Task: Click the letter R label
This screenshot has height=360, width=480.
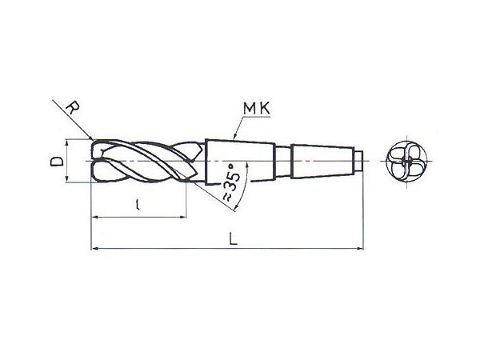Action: (73, 108)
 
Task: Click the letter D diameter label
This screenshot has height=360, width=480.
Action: (57, 161)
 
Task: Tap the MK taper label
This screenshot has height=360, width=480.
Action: (257, 108)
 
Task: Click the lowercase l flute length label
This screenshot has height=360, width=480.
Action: (138, 204)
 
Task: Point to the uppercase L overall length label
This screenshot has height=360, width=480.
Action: (234, 238)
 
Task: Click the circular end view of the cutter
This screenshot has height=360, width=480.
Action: (406, 161)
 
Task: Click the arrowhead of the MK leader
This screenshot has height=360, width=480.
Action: (234, 137)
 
